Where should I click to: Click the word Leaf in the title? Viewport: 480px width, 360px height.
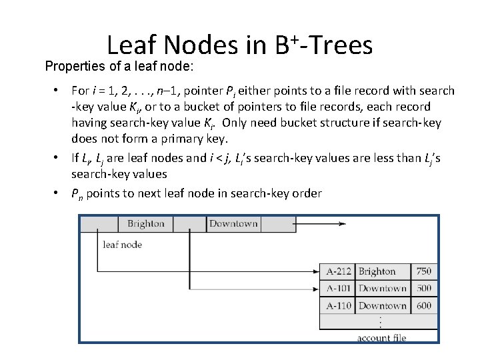point(131,45)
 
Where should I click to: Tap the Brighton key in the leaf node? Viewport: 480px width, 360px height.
point(145,223)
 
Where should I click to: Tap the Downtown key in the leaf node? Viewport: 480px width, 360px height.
point(233,223)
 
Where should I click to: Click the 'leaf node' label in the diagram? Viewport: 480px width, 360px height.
point(122,245)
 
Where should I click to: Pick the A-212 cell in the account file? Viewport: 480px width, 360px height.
point(338,271)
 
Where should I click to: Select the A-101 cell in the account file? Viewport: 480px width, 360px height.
point(338,289)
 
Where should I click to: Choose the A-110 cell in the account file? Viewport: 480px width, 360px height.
point(338,306)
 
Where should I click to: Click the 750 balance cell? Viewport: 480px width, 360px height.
point(423,271)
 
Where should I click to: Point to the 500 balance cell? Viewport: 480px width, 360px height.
point(423,289)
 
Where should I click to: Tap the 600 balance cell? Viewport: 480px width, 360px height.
point(423,306)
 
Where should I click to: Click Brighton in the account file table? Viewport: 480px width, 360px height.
point(377,271)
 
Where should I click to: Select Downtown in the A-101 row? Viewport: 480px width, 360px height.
point(382,289)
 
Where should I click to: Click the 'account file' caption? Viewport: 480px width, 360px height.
point(381,338)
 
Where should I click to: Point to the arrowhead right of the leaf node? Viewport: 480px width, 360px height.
point(341,223)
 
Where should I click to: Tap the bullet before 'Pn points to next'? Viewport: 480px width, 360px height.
point(59,193)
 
